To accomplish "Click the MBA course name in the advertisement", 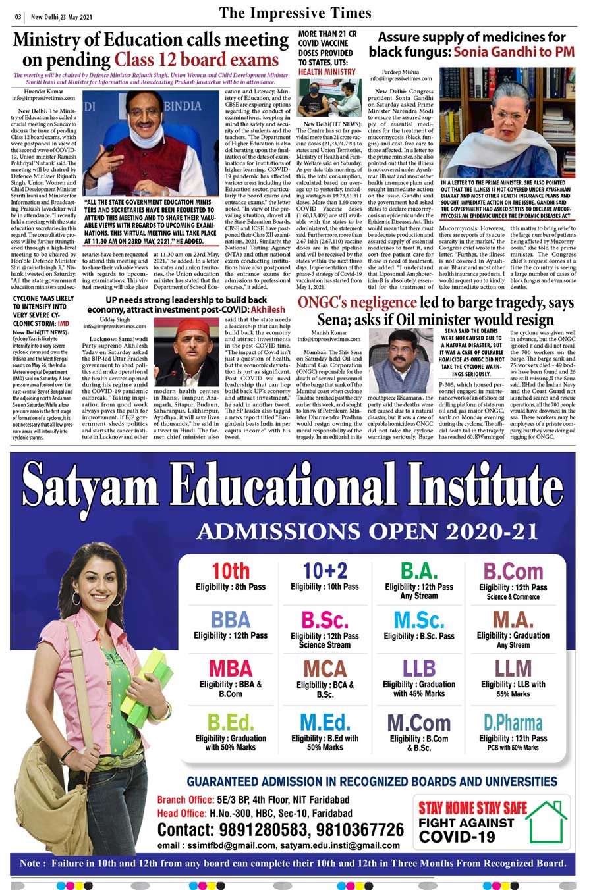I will [231, 668].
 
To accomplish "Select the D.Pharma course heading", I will [513, 723].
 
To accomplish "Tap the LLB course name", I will [419, 668].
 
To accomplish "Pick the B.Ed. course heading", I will [231, 723].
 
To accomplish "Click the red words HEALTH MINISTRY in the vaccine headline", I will [327, 72].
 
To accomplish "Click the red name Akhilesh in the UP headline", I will [268, 309].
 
